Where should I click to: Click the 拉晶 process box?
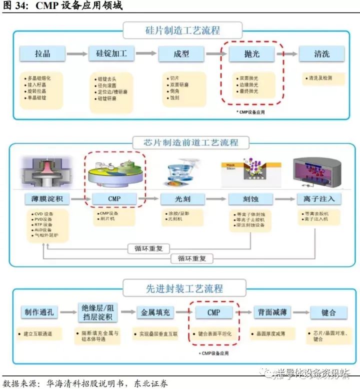pos(42,53)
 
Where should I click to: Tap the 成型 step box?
pos(179,53)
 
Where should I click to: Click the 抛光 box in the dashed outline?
pos(251,53)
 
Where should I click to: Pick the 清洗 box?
pos(321,53)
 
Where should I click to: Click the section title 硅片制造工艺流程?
pos(179,30)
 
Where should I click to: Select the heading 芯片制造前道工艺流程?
pos(184,142)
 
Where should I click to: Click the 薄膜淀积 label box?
pos(47,198)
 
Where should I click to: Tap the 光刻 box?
pos(182,198)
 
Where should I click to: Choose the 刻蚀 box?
pos(250,198)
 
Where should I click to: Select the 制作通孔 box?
pos(39,312)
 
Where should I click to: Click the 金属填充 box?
pos(155,312)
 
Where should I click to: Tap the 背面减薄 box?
pos(272,312)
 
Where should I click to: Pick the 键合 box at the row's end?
pos(328,312)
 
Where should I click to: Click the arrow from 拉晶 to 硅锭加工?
pos(77,53)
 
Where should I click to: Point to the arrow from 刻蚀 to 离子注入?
pos(284,198)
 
